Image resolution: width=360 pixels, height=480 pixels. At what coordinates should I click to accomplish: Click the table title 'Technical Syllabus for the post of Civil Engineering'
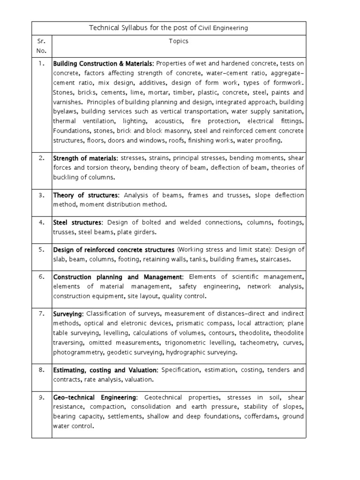(168, 28)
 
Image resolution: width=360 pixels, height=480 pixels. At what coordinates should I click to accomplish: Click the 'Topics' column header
(179, 41)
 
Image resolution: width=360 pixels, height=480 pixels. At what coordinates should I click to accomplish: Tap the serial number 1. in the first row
(42, 63)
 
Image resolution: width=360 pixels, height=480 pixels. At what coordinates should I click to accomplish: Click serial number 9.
(42, 397)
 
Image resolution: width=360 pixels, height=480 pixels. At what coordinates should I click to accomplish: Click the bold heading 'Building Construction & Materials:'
(104, 63)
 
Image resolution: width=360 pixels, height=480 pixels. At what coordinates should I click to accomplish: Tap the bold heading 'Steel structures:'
(77, 223)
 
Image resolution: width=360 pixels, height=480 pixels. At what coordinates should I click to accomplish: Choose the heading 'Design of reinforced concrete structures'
(114, 249)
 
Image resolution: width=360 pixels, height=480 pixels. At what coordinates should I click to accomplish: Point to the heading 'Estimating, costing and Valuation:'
(106, 370)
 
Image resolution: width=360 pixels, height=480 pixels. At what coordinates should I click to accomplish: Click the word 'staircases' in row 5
(276, 259)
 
